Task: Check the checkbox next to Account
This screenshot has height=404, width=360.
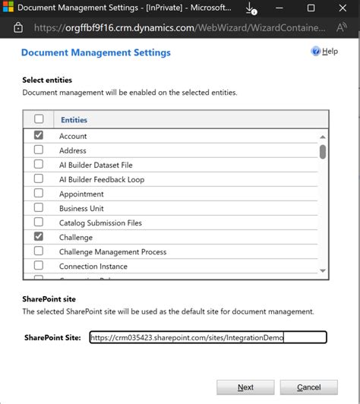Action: click(x=39, y=135)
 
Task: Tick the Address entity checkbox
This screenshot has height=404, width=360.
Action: click(x=39, y=150)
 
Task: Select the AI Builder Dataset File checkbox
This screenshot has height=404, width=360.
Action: click(x=39, y=165)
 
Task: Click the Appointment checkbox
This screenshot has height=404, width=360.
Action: click(x=39, y=194)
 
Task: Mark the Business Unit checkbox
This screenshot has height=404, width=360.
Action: click(x=39, y=208)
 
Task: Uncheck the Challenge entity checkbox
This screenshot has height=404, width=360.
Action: click(x=39, y=237)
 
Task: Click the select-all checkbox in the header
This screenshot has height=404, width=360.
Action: click(x=39, y=119)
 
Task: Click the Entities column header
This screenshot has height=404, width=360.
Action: click(x=74, y=120)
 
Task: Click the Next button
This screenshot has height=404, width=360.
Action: click(x=245, y=387)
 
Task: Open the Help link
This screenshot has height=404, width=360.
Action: click(x=325, y=52)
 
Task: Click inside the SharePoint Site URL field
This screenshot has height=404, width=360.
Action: click(x=207, y=338)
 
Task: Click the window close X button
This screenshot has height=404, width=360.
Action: click(x=342, y=8)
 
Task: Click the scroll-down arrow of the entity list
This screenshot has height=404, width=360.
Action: click(x=323, y=270)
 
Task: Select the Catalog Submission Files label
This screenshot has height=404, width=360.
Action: click(x=100, y=223)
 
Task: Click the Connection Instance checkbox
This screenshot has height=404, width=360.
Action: click(x=39, y=267)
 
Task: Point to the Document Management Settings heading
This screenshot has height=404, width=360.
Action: click(x=96, y=53)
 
